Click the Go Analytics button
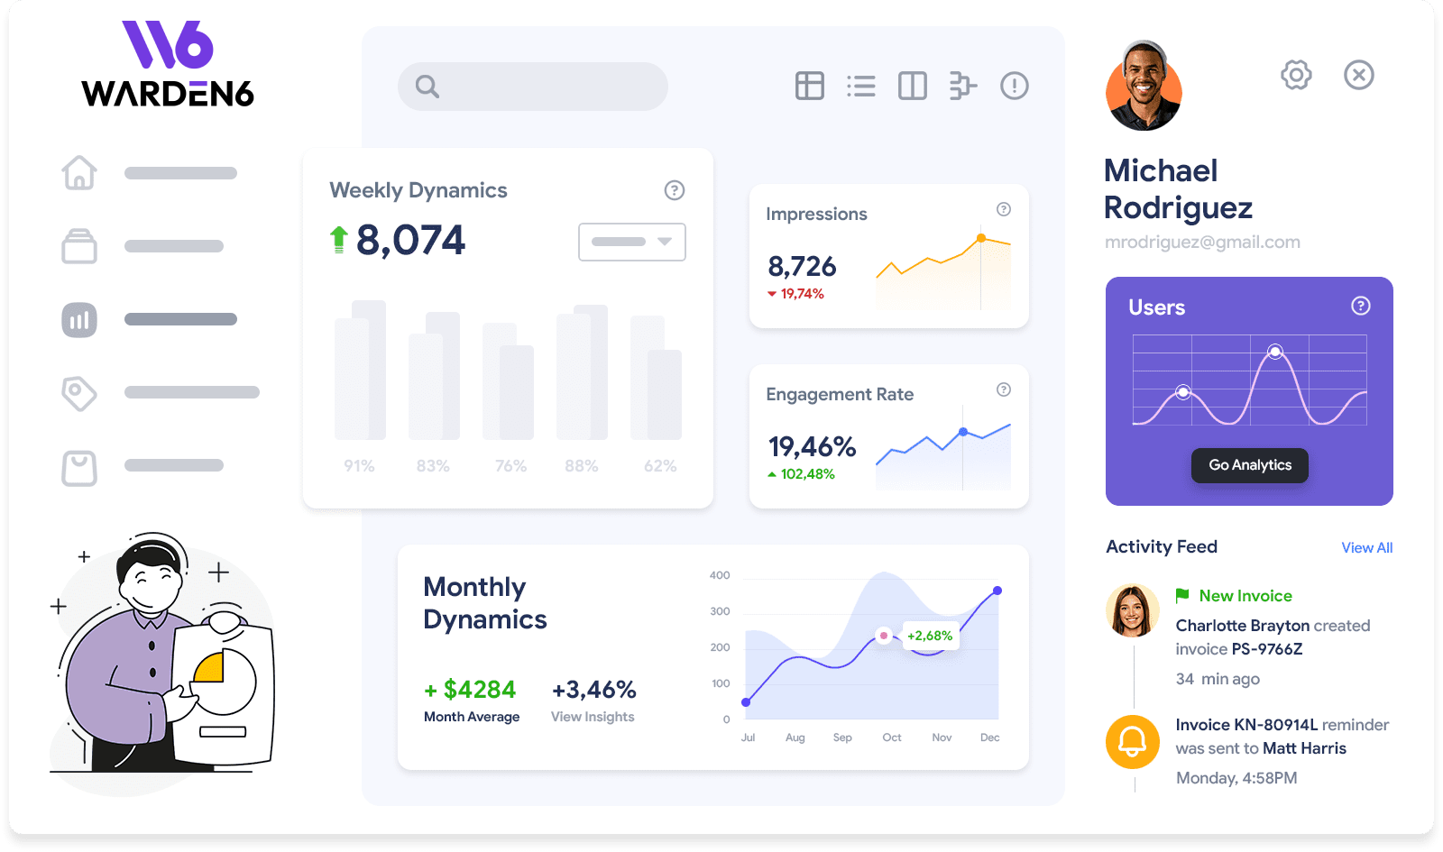(1249, 465)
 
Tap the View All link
(1366, 547)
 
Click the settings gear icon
(1296, 75)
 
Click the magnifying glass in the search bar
(427, 87)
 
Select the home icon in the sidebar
(79, 172)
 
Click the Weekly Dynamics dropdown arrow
(665, 242)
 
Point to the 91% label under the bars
(359, 466)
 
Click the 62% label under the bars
(660, 466)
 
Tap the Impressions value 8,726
(802, 267)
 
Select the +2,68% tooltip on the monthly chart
(929, 636)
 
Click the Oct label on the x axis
(891, 737)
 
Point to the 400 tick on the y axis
(720, 575)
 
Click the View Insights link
(593, 717)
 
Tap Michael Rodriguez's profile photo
(1144, 87)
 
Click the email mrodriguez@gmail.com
(1202, 242)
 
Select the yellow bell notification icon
(1133, 741)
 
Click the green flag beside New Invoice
(1182, 595)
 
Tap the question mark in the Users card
(1360, 306)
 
